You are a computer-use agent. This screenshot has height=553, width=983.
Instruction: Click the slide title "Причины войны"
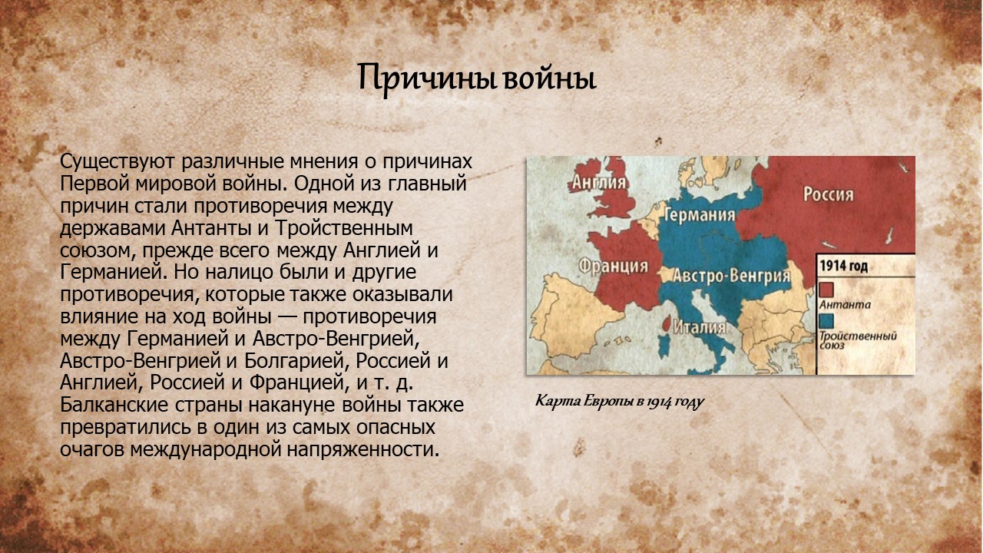click(477, 79)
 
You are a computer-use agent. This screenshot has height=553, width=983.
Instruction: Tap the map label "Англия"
click(600, 182)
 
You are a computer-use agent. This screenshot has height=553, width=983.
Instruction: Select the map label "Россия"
click(829, 194)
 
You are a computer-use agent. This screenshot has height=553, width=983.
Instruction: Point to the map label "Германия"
click(700, 214)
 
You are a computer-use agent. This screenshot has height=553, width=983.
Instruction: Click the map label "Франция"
click(613, 266)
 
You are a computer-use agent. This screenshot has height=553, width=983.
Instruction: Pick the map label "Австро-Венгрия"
click(732, 276)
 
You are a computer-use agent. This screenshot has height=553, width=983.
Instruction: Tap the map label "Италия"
click(700, 327)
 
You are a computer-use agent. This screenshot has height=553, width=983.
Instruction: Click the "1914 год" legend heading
click(843, 266)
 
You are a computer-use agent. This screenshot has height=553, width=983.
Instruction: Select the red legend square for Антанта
click(826, 290)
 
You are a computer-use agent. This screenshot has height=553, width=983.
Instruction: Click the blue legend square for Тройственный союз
click(826, 321)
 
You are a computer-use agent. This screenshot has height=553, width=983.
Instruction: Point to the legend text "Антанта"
click(845, 305)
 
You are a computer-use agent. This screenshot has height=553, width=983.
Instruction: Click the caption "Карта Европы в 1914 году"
click(620, 401)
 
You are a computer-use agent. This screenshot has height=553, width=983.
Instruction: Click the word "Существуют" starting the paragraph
click(117, 161)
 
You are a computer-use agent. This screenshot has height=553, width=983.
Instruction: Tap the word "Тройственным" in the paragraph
click(344, 228)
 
